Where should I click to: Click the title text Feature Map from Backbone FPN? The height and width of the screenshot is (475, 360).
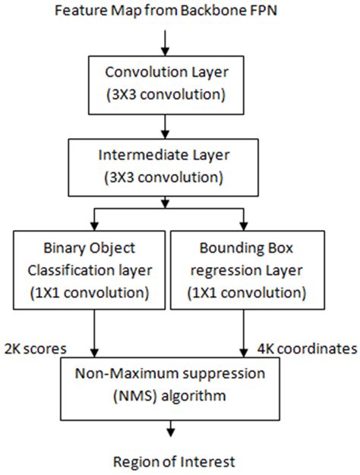[x=166, y=11]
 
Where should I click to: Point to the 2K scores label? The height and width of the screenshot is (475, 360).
[x=36, y=349]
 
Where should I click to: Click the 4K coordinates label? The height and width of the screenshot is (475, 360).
[x=308, y=349]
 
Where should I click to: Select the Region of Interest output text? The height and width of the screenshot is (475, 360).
[x=174, y=462]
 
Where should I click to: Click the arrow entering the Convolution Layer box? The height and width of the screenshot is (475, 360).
[x=165, y=43]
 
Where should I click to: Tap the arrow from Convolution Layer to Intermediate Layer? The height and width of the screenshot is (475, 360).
[x=165, y=127]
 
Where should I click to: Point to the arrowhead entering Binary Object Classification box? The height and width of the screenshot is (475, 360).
[x=95, y=227]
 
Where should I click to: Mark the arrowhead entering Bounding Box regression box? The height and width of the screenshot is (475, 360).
[x=244, y=227]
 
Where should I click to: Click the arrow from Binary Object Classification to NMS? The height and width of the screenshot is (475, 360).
[x=95, y=334]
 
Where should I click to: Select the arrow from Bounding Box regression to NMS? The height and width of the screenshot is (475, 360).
[x=244, y=334]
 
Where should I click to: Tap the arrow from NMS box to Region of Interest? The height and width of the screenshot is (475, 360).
[x=171, y=429]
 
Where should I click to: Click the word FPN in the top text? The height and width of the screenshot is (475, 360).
[x=264, y=11]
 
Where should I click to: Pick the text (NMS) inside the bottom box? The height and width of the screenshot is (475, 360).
[x=135, y=396]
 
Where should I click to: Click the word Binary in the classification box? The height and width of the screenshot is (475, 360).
[x=62, y=248]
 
